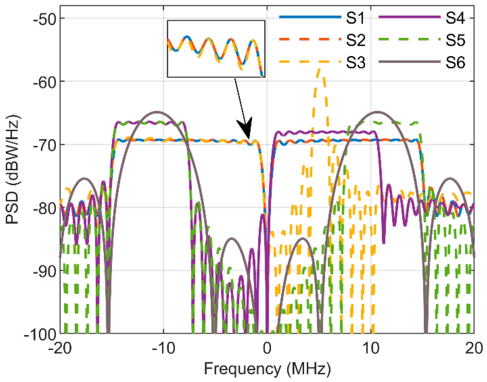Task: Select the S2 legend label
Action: [x=355, y=40]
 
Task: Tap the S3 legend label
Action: [x=355, y=62]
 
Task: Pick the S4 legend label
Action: [x=455, y=18]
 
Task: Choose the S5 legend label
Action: [x=455, y=40]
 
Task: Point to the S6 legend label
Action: [x=455, y=62]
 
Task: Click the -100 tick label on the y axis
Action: [x=40, y=334]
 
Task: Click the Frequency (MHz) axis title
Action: [x=267, y=369]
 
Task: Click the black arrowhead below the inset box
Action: [x=245, y=128]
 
